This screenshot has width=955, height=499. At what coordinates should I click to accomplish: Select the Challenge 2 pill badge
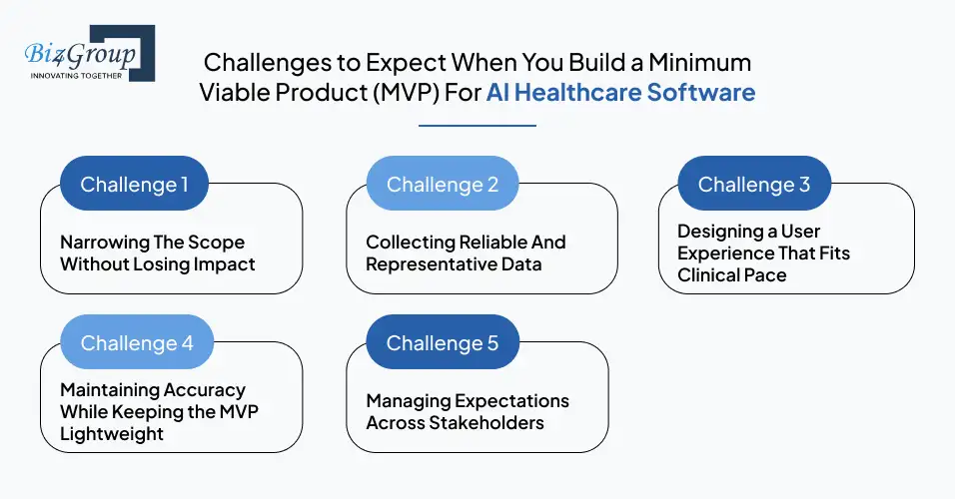(x=443, y=184)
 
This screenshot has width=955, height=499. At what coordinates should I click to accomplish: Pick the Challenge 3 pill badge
(x=754, y=184)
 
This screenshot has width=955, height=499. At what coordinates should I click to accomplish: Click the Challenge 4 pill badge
(x=137, y=342)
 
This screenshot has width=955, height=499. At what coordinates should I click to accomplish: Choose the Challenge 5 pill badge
(x=443, y=342)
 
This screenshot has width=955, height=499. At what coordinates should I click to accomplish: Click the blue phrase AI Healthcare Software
(x=620, y=93)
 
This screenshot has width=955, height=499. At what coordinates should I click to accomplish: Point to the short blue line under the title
(x=477, y=126)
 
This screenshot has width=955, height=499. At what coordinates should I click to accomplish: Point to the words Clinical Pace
(x=732, y=274)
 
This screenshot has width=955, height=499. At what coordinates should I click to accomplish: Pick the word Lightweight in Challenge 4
(x=112, y=434)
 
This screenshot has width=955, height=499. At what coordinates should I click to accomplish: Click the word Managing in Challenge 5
(x=408, y=401)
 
